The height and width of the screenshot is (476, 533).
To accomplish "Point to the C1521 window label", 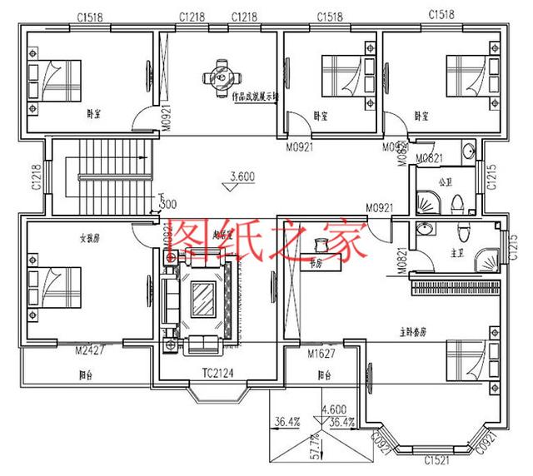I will click(437, 459).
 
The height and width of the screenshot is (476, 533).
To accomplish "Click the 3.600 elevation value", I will click(241, 176).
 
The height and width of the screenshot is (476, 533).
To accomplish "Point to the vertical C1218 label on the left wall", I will click(36, 177).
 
